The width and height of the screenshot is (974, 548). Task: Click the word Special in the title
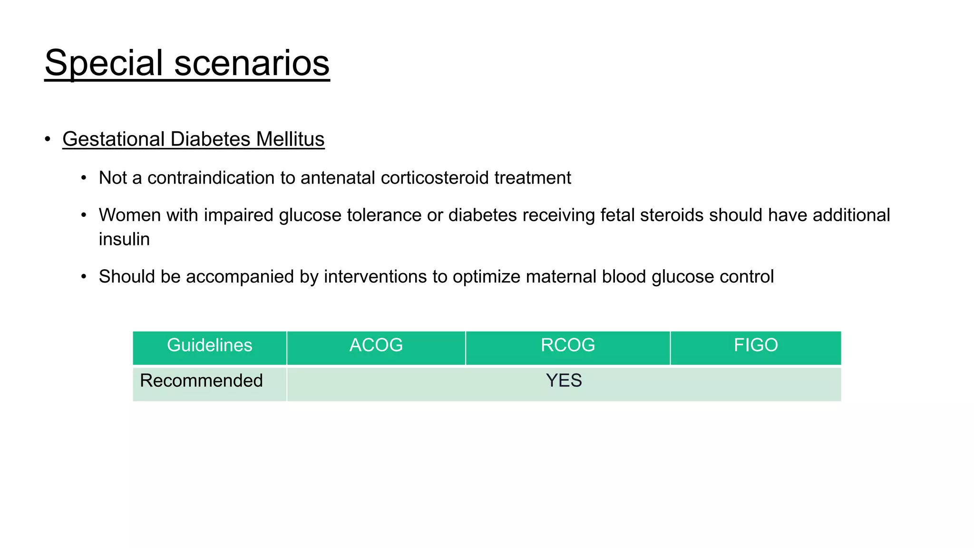(x=104, y=63)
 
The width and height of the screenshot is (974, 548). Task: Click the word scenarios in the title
(x=252, y=63)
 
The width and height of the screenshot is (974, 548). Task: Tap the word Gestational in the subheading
(x=113, y=139)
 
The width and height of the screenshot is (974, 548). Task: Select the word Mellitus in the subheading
(x=290, y=139)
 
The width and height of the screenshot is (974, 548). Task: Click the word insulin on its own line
(x=124, y=239)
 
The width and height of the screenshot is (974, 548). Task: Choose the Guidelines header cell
(x=209, y=345)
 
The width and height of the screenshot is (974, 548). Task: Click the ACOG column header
(x=376, y=345)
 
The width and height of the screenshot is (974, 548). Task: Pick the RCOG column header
(x=567, y=345)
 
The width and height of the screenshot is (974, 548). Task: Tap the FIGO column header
(x=755, y=345)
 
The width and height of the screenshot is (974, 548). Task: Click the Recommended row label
(x=201, y=381)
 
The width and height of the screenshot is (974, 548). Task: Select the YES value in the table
(x=564, y=381)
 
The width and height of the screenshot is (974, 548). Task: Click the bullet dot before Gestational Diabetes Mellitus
(x=48, y=139)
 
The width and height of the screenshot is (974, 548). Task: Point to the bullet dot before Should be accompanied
(x=84, y=277)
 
